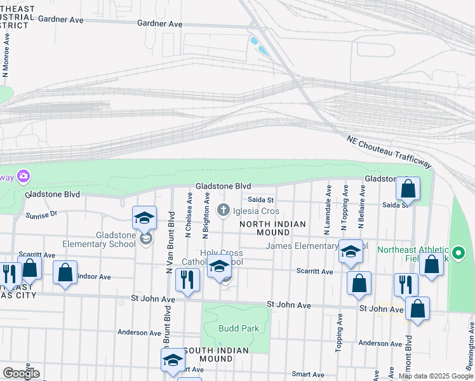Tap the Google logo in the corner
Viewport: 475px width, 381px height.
click(21, 373)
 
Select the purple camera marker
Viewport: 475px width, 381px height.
click(23, 175)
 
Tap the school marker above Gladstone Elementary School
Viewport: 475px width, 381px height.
click(144, 218)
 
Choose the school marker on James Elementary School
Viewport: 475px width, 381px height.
click(350, 251)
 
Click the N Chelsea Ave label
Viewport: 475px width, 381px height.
click(189, 216)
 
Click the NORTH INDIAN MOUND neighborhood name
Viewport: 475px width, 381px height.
click(272, 229)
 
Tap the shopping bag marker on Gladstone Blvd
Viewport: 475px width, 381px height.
click(408, 189)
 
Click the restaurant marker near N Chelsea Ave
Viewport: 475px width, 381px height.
click(187, 280)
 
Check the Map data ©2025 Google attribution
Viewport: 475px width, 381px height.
click(436, 376)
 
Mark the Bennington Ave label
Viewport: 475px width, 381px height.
click(471, 345)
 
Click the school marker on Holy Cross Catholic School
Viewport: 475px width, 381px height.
click(220, 268)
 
